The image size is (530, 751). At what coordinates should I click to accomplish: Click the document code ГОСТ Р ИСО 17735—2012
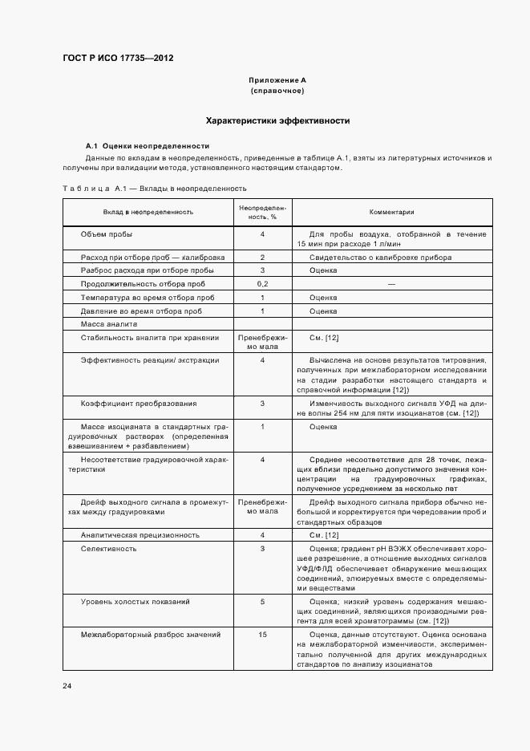pyautogui.click(x=118, y=59)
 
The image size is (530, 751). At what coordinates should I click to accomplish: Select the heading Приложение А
pyautogui.click(x=277, y=80)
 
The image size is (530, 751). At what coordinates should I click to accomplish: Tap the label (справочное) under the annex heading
pyautogui.click(x=277, y=91)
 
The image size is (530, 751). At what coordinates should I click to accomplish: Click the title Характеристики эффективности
pyautogui.click(x=277, y=120)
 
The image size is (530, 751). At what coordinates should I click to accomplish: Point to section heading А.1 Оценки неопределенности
pyautogui.click(x=148, y=146)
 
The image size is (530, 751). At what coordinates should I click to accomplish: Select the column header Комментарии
pyautogui.click(x=391, y=212)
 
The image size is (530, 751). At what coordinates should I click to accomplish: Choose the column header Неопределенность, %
pyautogui.click(x=262, y=212)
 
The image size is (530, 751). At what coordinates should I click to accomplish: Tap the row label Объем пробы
pyautogui.click(x=107, y=234)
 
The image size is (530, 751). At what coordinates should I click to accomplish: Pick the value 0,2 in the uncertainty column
pyautogui.click(x=262, y=284)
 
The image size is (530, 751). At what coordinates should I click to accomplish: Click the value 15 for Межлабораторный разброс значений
pyautogui.click(x=262, y=635)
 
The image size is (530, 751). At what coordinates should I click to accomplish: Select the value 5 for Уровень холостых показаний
pyautogui.click(x=262, y=601)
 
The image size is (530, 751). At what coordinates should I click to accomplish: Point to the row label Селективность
pyautogui.click(x=108, y=549)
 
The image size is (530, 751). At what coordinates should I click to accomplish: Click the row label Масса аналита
pyautogui.click(x=109, y=324)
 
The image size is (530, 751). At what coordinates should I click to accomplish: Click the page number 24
pyautogui.click(x=67, y=686)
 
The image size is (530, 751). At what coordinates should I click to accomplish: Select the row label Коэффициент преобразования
pyautogui.click(x=127, y=404)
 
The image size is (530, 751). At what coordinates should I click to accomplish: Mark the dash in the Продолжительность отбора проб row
pyautogui.click(x=391, y=284)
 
